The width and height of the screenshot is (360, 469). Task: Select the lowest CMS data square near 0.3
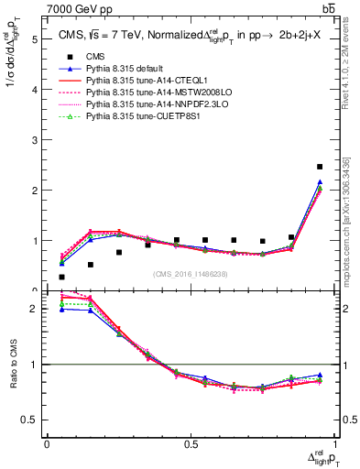coord(61,277)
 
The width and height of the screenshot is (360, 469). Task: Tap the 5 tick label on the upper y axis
coord(35,39)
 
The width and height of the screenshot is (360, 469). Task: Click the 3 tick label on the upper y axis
coord(35,140)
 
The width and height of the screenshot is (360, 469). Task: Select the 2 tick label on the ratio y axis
coord(35,309)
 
